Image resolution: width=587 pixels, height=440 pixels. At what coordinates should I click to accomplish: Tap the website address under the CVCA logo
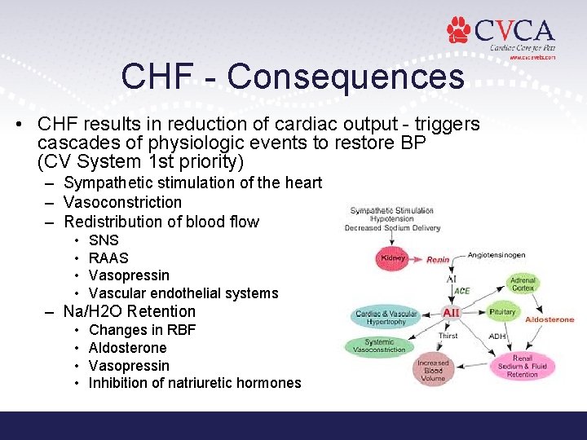click(532, 58)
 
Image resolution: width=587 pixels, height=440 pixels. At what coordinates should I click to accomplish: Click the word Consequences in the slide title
click(346, 77)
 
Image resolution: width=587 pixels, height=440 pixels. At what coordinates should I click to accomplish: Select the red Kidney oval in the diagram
click(394, 258)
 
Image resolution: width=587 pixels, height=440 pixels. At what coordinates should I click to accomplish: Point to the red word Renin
click(438, 260)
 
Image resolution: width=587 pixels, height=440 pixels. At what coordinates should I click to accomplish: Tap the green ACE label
click(461, 291)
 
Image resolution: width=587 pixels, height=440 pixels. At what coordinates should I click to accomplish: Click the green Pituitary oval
click(502, 313)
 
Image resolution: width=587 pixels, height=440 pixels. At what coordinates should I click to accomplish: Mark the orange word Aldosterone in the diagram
click(550, 320)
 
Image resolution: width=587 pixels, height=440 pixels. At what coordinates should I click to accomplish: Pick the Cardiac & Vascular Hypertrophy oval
click(386, 317)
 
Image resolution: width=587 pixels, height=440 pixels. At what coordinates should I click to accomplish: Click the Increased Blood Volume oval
click(432, 371)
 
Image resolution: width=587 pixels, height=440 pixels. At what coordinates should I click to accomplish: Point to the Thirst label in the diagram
click(448, 336)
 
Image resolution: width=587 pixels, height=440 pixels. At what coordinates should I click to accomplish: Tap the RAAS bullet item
click(108, 258)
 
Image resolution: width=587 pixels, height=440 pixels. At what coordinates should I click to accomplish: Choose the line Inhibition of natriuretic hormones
click(195, 383)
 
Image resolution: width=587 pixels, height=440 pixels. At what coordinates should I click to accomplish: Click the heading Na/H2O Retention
click(130, 311)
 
